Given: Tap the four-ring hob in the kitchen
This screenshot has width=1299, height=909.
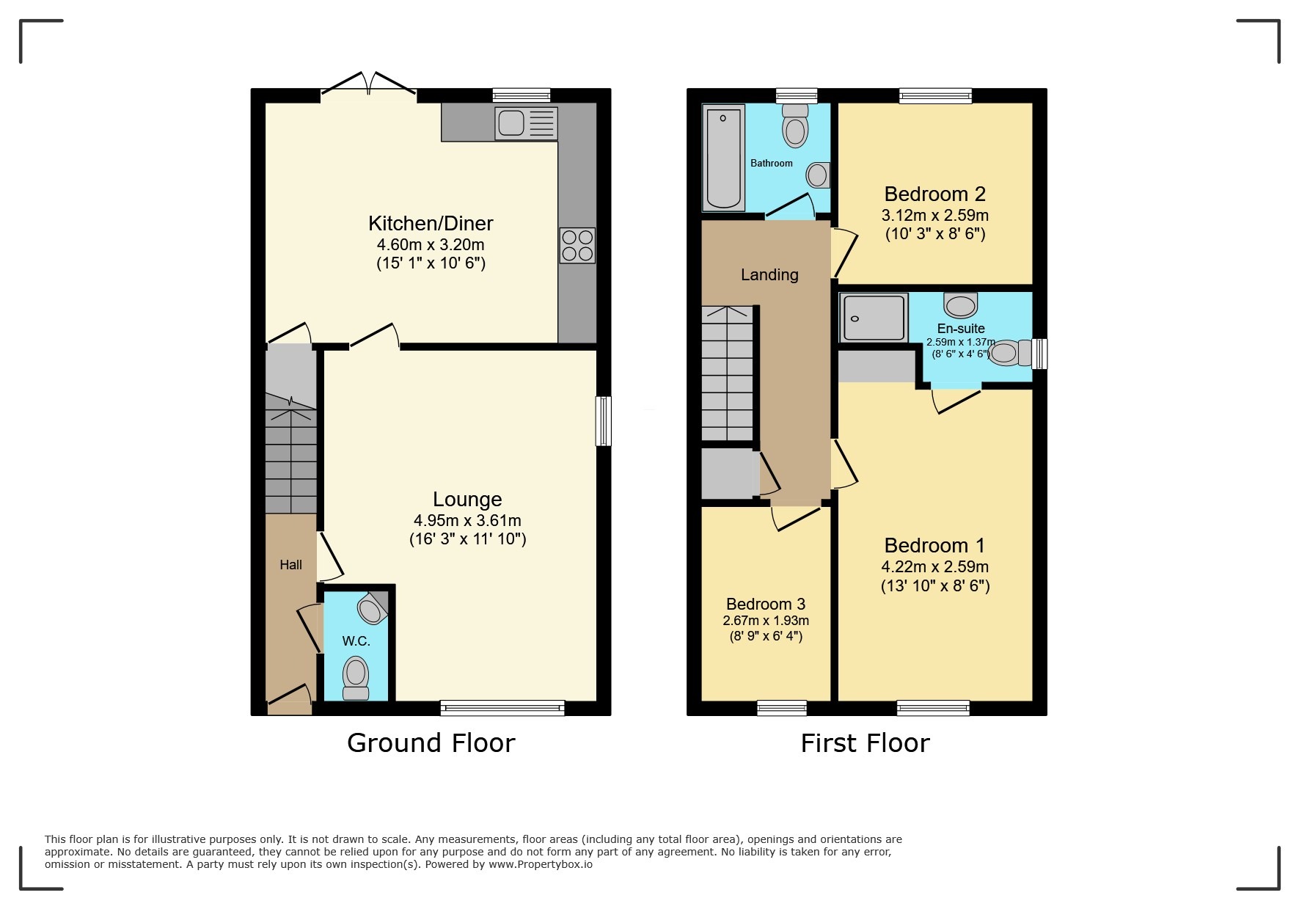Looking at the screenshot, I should coord(577,246).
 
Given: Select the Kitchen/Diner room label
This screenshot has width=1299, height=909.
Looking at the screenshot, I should coord(431,223).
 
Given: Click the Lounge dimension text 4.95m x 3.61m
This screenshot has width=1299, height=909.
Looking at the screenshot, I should coord(467,521).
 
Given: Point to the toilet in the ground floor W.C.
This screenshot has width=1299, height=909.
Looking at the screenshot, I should coord(356,676).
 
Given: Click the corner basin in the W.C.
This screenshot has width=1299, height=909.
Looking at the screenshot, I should coord(372,608).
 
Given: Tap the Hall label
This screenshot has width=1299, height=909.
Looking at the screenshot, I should coord(290,565).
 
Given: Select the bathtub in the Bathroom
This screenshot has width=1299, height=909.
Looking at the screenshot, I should coord(723,157).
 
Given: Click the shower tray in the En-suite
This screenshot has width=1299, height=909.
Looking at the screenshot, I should coord(874,318).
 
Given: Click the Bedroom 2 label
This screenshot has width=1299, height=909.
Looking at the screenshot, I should coord(934,194).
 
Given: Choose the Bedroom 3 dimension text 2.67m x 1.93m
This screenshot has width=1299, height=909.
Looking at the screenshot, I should coord(766,621).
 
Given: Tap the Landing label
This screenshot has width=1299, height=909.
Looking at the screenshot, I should coord(769,275).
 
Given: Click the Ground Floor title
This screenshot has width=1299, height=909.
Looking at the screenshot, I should coord(431,743).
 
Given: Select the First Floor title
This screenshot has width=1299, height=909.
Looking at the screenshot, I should coord(865,743).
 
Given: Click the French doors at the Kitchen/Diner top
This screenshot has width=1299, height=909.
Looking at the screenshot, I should coord(369,84).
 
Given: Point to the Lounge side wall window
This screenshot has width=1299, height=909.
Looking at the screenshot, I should coord(603,421).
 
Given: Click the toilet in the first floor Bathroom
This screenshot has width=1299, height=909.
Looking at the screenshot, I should coord(795,127).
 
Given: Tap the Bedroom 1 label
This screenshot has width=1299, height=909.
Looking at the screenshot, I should coord(934,546).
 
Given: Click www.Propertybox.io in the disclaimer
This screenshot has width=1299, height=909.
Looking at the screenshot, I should coord(541,864).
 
